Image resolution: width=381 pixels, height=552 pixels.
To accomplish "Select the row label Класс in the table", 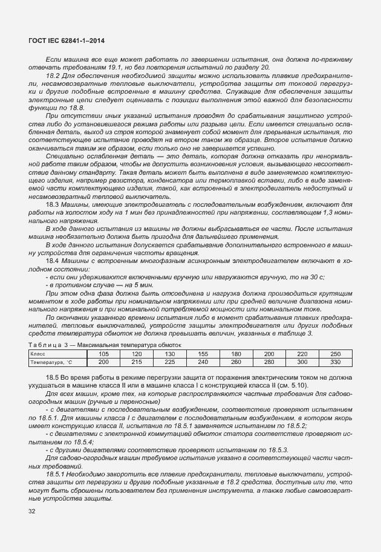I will coord(37,353).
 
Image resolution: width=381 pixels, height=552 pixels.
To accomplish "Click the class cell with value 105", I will coord(103,353).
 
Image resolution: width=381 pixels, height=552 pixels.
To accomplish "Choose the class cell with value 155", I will coord(203,353).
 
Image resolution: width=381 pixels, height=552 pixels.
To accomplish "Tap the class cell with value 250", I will coord(335,353).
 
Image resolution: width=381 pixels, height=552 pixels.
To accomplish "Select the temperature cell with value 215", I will coord(137,362).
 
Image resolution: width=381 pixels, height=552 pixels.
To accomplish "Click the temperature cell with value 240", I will coord(203,362).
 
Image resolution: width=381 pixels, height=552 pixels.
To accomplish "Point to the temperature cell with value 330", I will coord(335,362).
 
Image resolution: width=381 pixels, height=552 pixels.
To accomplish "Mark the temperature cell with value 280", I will coord(269,362).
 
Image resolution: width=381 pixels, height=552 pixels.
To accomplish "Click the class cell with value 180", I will coord(236,353).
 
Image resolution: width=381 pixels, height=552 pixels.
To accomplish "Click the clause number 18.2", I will coord(53,76).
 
